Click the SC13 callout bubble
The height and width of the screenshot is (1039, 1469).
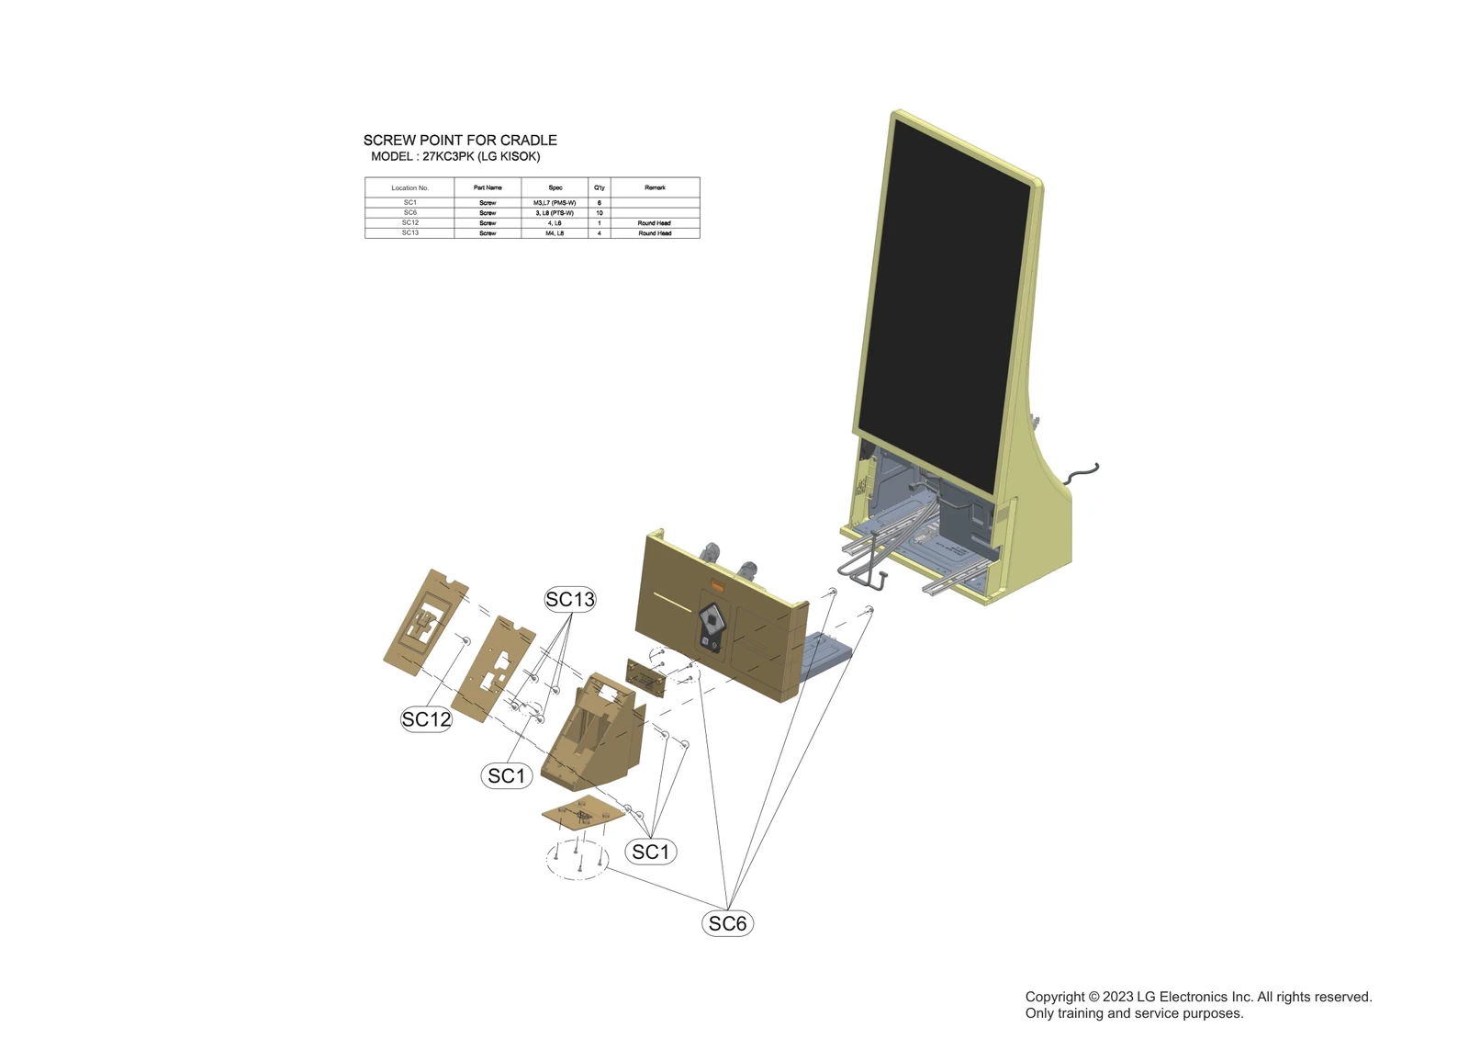pos(570,600)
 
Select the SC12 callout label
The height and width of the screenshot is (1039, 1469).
pos(426,719)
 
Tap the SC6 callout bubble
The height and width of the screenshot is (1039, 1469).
pos(727,923)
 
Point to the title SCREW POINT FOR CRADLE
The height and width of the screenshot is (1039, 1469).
pos(460,141)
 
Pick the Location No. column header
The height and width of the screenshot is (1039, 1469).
pos(409,188)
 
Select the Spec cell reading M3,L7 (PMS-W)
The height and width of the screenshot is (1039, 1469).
pos(555,203)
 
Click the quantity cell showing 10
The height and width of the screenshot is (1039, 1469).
pos(600,213)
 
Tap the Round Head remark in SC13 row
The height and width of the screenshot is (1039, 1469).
pos(655,233)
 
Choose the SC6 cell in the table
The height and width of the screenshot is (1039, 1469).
pos(409,213)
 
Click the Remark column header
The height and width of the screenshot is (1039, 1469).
pos(655,188)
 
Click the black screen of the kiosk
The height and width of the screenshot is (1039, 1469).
pos(946,303)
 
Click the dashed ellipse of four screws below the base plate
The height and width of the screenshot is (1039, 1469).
pos(577,859)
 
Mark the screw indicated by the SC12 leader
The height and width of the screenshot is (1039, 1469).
pos(466,639)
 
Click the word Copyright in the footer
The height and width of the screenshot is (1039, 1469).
pos(1054,997)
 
